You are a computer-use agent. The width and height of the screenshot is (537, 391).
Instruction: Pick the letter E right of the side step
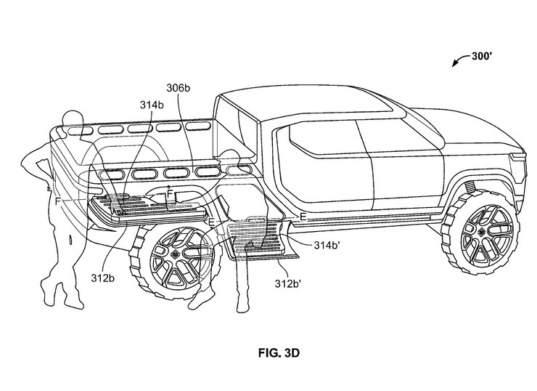tap(303, 217)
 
